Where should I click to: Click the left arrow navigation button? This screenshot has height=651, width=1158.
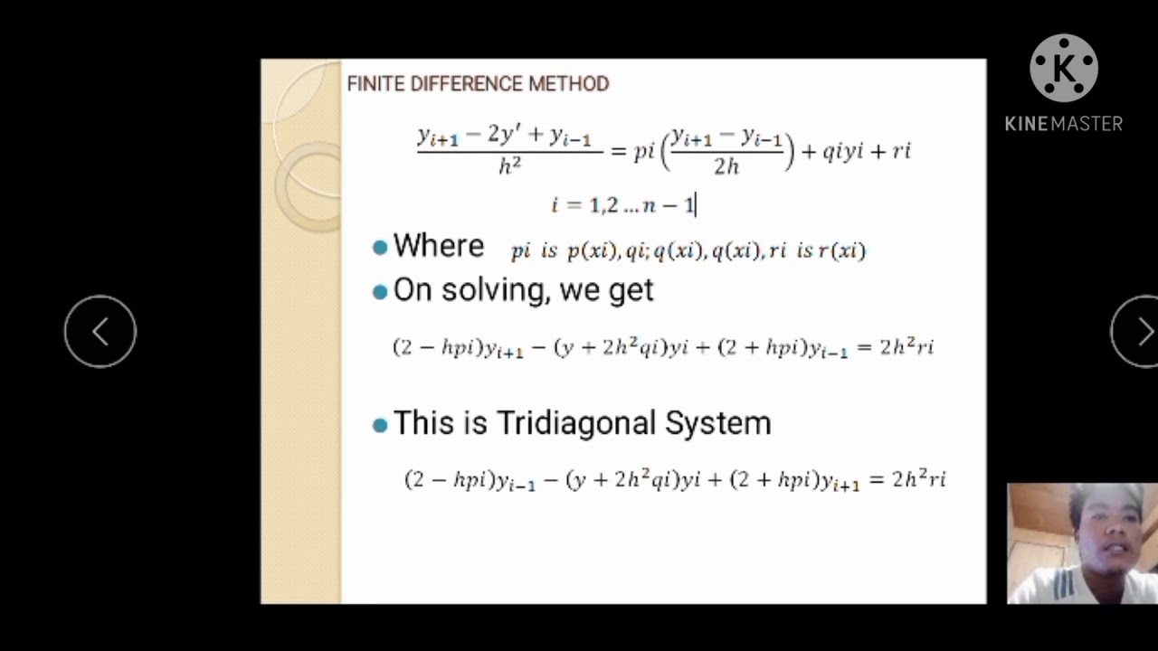[x=100, y=332]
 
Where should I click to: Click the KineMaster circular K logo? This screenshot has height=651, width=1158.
[x=1064, y=69]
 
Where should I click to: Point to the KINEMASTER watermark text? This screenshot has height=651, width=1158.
[x=1064, y=124]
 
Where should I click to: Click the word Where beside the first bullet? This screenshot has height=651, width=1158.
[x=439, y=246]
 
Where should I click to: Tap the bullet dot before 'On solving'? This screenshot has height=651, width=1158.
[x=380, y=291]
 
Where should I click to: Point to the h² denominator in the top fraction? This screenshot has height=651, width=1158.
[x=510, y=165]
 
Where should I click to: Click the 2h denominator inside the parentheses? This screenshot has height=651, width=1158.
[x=726, y=165]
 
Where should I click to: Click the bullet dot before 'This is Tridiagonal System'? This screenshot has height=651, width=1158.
[x=380, y=424]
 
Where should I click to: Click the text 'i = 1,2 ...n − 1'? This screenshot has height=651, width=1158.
[x=623, y=205]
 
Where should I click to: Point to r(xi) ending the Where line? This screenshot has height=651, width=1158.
[x=842, y=251]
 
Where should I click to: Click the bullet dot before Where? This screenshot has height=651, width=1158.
[x=380, y=247]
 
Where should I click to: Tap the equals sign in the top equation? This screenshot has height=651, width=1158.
[x=619, y=151]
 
